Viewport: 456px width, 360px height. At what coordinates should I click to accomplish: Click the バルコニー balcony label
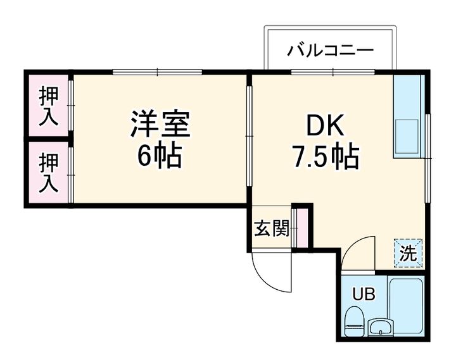pos(330,49)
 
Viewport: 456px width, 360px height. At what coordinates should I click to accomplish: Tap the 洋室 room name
pos(160,123)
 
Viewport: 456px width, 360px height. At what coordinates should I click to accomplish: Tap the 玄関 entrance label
pos(272,228)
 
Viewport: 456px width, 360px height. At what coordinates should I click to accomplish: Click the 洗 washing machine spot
pos(408,252)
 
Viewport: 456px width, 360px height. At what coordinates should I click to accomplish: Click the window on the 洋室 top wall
pos(158,72)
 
